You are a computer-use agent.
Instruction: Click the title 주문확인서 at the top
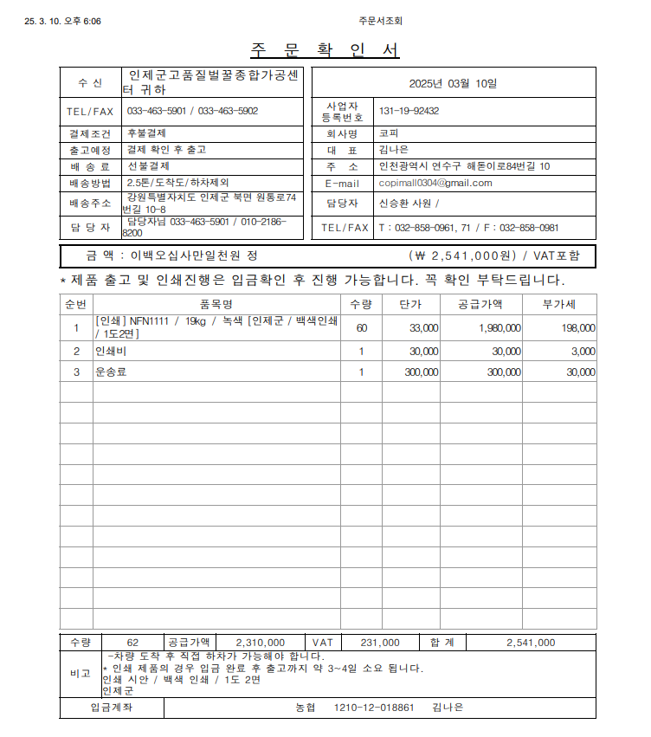(x=325, y=50)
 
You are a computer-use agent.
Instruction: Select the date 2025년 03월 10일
(x=454, y=83)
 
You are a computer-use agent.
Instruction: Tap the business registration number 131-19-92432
(x=409, y=111)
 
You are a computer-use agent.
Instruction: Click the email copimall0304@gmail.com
(x=435, y=183)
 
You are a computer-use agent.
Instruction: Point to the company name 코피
(x=389, y=133)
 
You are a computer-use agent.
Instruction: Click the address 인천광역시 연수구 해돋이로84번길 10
(x=464, y=166)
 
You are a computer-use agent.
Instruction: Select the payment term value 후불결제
(x=146, y=133)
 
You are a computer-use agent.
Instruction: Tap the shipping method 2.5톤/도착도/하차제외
(x=177, y=183)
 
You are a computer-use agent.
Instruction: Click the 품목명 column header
(x=216, y=304)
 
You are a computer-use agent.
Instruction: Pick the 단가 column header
(x=410, y=304)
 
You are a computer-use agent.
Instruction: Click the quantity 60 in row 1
(x=361, y=328)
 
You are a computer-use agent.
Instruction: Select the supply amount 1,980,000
(x=500, y=328)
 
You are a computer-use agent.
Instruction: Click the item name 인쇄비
(x=110, y=352)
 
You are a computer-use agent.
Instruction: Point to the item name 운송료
(x=110, y=372)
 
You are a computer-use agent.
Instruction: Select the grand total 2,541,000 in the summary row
(x=531, y=643)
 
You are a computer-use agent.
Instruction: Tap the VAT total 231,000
(x=379, y=643)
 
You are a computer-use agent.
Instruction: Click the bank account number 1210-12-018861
(x=374, y=708)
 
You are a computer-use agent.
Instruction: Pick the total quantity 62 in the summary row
(x=132, y=643)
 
